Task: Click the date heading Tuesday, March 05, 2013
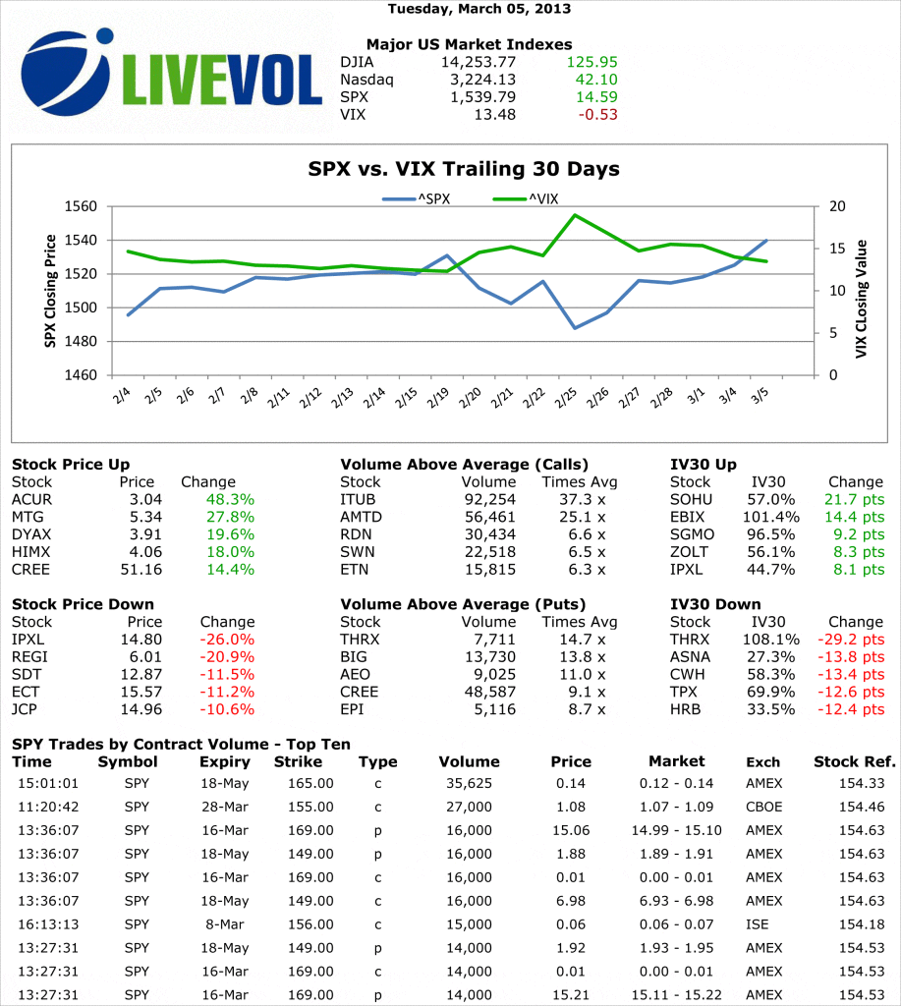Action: pos(479,9)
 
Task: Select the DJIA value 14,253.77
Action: pos(475,61)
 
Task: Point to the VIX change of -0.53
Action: pos(598,114)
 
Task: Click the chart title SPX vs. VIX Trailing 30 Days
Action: pos(464,169)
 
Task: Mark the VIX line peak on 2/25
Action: pos(575,215)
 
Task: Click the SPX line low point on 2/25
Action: pos(575,328)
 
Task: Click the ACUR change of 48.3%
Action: pos(230,499)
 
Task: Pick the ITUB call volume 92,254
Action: pos(488,499)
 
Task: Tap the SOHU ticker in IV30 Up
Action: pos(691,499)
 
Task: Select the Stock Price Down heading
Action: pos(83,604)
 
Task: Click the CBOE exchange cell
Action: pos(763,807)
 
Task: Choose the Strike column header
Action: pos(299,761)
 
